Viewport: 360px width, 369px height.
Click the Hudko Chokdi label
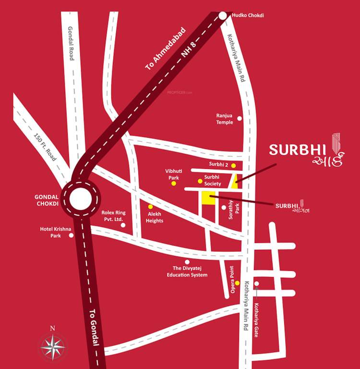(248, 15)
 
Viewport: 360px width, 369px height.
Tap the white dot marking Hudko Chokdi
(223, 16)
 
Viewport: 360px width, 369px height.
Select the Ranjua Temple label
(224, 119)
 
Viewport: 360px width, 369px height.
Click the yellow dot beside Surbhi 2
(233, 165)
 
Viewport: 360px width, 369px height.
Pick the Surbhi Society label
(212, 181)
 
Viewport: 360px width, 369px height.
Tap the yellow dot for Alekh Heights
(150, 207)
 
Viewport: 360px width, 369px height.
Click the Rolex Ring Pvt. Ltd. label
(113, 216)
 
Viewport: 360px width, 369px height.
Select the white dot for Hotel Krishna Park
(72, 235)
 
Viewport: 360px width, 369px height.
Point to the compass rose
(53, 345)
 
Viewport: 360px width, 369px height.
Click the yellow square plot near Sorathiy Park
(208, 198)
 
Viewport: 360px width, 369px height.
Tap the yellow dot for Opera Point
(237, 283)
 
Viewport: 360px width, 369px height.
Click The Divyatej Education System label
(187, 271)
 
